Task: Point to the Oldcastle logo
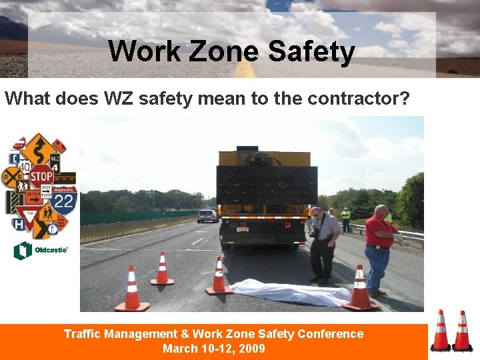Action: pyautogui.click(x=41, y=251)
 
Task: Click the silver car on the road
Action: pyautogui.click(x=207, y=215)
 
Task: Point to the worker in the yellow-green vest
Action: pyautogui.click(x=345, y=218)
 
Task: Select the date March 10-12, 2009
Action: pyautogui.click(x=213, y=349)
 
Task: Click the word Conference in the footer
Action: pyautogui.click(x=330, y=334)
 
